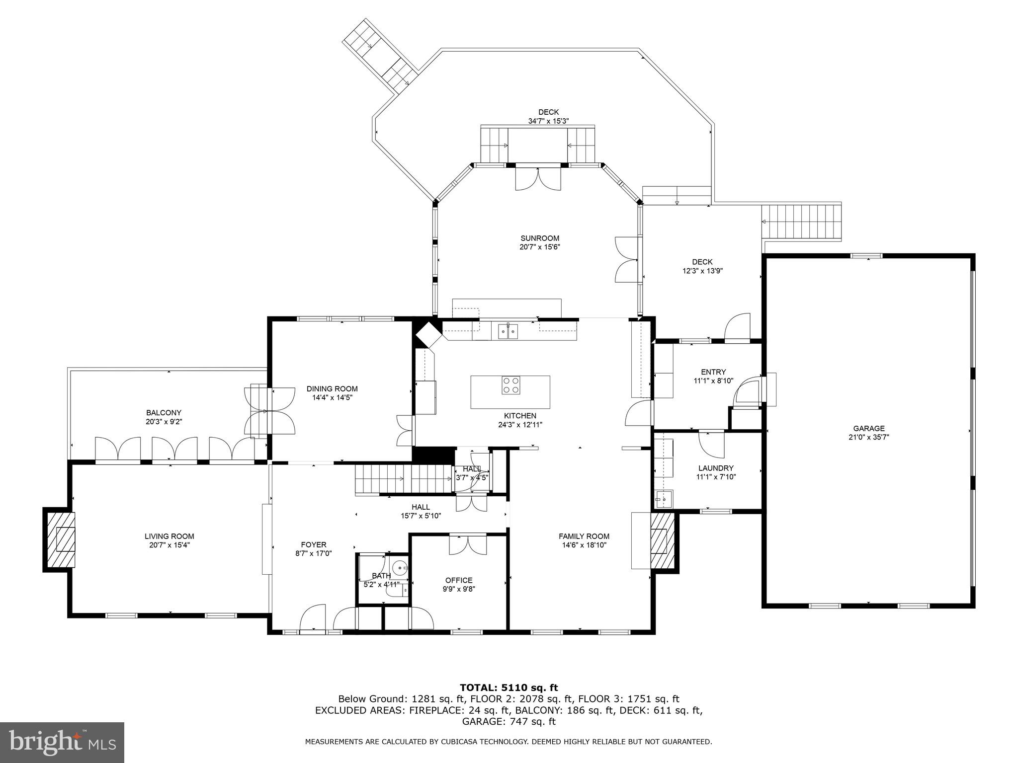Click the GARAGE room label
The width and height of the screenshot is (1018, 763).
(x=868, y=428)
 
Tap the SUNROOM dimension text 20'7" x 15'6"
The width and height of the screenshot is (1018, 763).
(x=540, y=247)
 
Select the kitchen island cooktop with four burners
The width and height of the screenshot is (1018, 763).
(x=510, y=385)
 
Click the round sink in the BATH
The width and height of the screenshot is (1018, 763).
(x=399, y=567)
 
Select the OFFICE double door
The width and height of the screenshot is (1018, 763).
(x=468, y=544)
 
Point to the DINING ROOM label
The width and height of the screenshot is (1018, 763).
(x=332, y=388)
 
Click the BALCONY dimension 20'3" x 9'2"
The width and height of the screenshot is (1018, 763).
(x=164, y=422)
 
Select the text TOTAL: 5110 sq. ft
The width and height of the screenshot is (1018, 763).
(x=509, y=687)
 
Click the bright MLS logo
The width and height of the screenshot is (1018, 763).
(x=62, y=742)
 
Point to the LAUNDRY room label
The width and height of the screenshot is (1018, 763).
(x=715, y=468)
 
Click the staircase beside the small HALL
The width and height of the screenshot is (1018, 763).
(x=403, y=479)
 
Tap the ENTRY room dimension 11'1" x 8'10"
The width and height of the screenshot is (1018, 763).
(x=713, y=381)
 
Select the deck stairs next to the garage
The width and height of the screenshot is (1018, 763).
(x=801, y=222)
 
